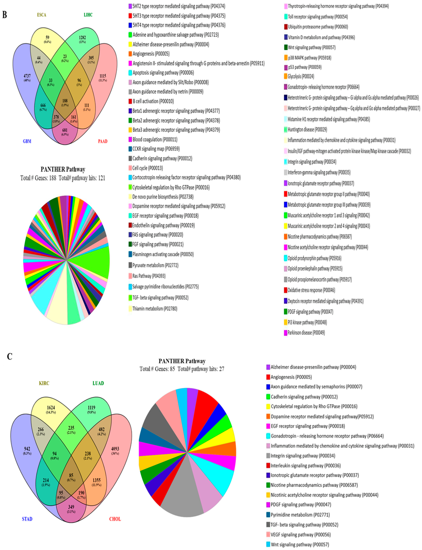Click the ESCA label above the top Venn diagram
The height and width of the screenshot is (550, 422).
click(x=42, y=15)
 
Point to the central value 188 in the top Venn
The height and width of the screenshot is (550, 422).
click(x=65, y=101)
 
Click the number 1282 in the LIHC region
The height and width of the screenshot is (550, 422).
click(x=82, y=38)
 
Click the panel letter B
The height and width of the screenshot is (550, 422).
click(x=5, y=15)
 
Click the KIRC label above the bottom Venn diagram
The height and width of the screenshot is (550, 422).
click(x=44, y=383)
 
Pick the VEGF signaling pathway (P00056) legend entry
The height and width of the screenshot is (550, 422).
click(x=300, y=535)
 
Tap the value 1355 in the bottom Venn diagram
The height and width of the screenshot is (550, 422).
click(x=96, y=480)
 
